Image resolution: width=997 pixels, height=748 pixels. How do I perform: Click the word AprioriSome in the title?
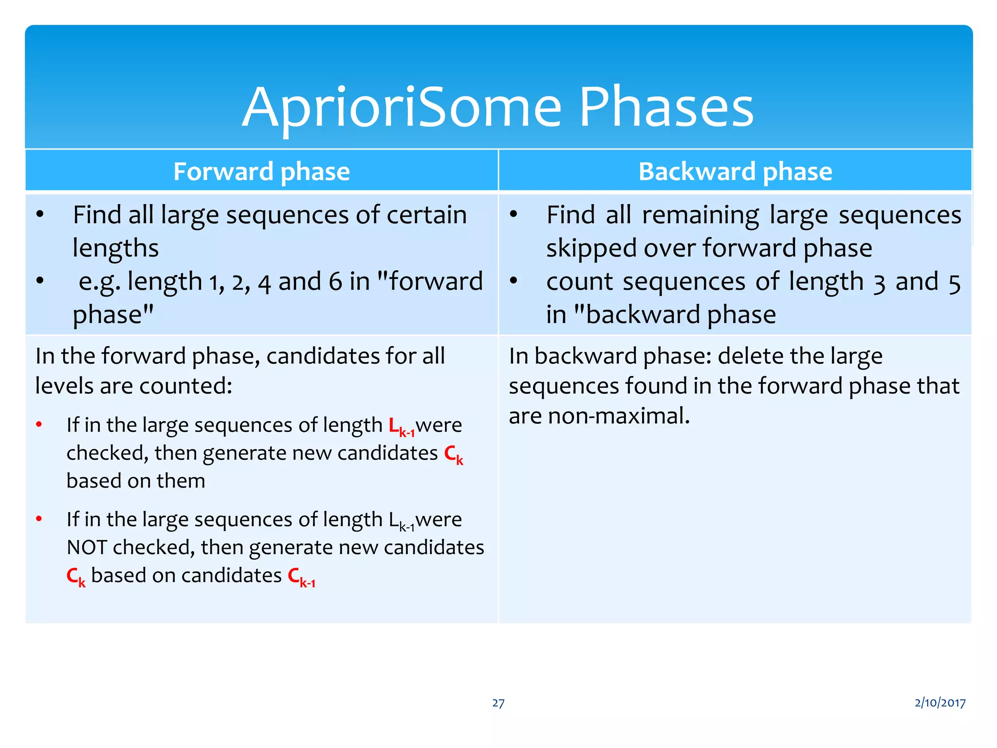coord(402,107)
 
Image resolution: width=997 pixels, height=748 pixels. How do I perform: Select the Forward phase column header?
coord(261,171)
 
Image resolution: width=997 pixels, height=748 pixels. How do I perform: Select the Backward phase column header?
coord(735,171)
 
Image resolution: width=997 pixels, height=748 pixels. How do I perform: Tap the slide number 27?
coord(498,703)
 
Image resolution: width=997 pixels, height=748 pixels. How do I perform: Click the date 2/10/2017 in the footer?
coord(940,702)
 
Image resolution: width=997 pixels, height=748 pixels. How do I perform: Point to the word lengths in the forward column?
coord(116,248)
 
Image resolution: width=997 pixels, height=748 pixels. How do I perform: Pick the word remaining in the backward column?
coord(701,215)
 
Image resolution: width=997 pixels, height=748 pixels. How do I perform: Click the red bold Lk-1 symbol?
coord(401,427)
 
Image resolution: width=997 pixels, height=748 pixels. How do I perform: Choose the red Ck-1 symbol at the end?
coord(301,577)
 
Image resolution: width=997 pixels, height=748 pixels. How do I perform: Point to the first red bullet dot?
coord(39,425)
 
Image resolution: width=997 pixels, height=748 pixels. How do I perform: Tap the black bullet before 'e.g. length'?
coord(40,281)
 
